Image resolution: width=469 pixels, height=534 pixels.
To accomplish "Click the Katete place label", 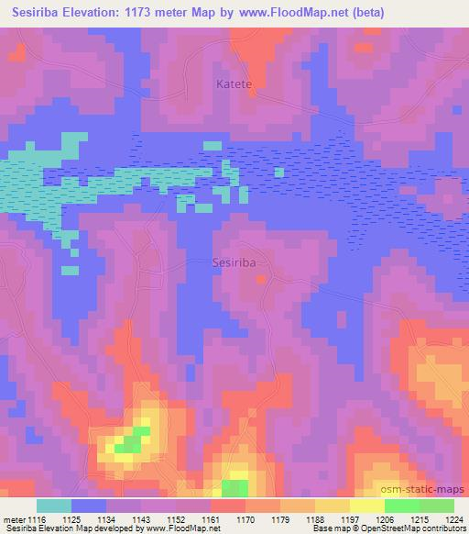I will tap(234, 84).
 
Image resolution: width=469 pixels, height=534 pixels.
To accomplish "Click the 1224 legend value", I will tap(453, 519).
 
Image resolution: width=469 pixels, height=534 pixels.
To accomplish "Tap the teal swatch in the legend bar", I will tap(53, 506).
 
